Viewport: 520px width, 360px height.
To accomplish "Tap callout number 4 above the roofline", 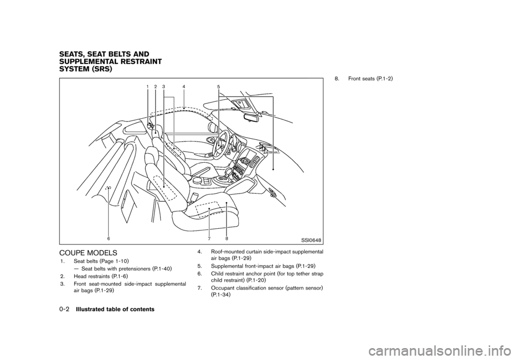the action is tap(184, 86).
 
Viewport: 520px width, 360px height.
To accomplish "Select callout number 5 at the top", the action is tap(218, 86).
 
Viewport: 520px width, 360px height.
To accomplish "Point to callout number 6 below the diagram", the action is tap(108, 239).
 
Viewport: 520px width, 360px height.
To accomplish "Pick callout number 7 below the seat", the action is tap(209, 239).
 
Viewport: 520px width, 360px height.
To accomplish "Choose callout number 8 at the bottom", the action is tap(226, 239).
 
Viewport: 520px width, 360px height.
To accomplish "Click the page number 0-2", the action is tap(64, 309).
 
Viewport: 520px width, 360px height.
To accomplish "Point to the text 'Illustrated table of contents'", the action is tap(115, 309).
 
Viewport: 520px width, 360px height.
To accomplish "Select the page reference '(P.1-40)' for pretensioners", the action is tap(163, 268).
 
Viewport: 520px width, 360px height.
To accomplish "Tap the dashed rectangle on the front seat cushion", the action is tap(206, 209).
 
